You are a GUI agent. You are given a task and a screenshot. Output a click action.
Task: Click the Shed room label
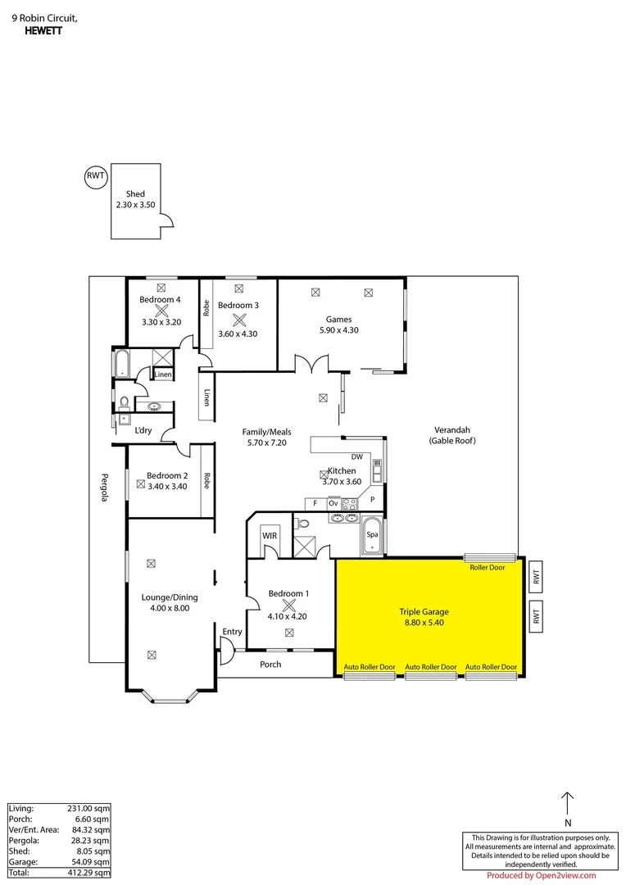click(135, 194)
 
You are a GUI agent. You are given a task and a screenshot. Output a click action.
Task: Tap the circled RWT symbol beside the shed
click(96, 176)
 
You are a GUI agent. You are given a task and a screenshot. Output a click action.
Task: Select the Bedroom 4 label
click(161, 300)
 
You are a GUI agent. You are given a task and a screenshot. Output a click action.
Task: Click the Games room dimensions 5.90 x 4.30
click(338, 330)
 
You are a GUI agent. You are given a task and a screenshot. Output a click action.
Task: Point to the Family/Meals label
click(266, 432)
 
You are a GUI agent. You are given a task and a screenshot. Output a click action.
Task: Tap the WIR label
click(270, 535)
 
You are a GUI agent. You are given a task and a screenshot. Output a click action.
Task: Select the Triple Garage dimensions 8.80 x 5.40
click(424, 623)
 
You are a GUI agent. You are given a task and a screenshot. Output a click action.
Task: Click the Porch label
click(270, 665)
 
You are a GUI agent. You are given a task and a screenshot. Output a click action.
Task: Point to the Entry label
click(232, 631)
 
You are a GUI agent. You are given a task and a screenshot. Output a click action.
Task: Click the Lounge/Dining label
click(170, 597)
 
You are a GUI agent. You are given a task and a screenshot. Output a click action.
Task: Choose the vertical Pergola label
click(105, 488)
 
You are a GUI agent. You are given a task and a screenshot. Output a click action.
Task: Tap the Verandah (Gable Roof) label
click(451, 435)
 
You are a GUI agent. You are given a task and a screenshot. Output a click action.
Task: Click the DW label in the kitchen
click(356, 456)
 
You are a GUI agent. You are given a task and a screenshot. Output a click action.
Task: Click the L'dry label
click(143, 430)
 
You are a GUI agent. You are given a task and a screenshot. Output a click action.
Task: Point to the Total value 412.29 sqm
click(90, 874)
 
